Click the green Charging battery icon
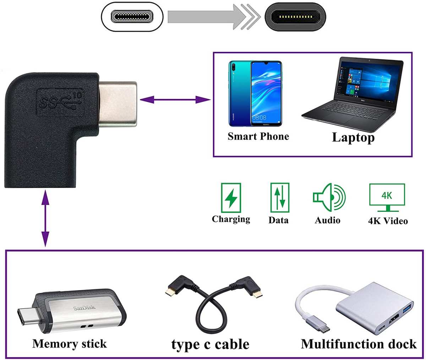pos(231,198)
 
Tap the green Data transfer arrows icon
pos(279,198)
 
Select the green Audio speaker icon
pos(329,198)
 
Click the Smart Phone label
pos(258,137)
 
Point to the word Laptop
pos(353,138)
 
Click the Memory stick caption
pos(69,344)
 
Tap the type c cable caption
pos(210,344)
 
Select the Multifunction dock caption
pos(359,344)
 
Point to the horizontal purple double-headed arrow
pos(175,100)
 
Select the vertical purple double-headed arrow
pos(45,218)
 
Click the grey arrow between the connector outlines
pos(213,16)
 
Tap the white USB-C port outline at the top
pos(132,17)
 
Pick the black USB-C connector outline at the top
pos(295,17)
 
